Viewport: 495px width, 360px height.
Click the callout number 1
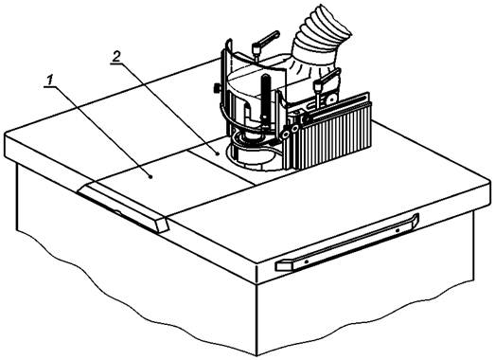click(x=49, y=81)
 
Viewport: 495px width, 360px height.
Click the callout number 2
click(x=116, y=57)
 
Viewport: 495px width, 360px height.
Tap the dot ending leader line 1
click(x=150, y=177)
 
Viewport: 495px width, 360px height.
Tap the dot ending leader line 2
click(x=218, y=153)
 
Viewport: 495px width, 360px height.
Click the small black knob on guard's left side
click(x=216, y=89)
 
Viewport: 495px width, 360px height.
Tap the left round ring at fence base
click(x=287, y=135)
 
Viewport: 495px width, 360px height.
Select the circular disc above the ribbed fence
click(x=332, y=99)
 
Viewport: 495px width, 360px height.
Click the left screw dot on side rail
click(x=306, y=261)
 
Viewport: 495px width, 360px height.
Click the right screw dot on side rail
click(x=398, y=230)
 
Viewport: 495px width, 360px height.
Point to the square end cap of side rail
click(x=283, y=265)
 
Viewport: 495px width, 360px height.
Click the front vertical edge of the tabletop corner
click(x=257, y=274)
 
